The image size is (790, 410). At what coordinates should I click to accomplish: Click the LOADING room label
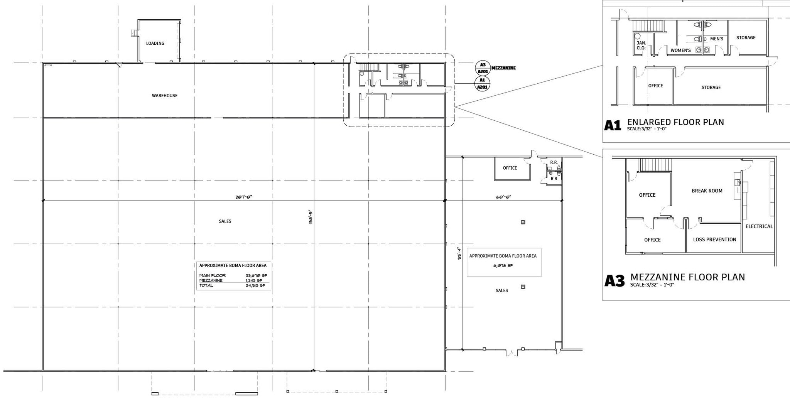coord(155,43)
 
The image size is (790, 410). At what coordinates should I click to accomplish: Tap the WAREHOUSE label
coord(165,96)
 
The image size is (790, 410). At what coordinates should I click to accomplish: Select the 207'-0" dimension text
coord(244,197)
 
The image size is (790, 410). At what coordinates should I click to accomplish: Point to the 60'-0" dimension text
coord(503,197)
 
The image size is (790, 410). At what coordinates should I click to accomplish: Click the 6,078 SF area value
coord(503,266)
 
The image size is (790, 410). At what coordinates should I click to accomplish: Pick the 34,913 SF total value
coord(255,285)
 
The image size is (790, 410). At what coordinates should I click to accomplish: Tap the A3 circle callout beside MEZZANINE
coord(483,68)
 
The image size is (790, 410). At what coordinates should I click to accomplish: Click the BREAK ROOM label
coord(707,191)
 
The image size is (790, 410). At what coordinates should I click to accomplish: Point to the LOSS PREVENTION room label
coord(715,240)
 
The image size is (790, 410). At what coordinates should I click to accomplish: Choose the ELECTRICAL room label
coord(759,226)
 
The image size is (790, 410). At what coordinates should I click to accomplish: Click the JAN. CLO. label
coord(641,46)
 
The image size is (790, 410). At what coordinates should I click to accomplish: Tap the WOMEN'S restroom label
coord(680,51)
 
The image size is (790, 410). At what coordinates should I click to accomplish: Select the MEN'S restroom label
coord(717,39)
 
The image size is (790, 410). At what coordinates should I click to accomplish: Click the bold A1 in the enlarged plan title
coord(613,125)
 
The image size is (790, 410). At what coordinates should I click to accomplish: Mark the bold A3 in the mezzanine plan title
coord(614,281)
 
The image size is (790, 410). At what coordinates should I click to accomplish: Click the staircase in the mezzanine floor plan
coord(656,165)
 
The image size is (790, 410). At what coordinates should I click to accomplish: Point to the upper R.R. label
coord(554,162)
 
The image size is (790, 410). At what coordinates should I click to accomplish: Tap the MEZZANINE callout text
coord(503,68)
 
